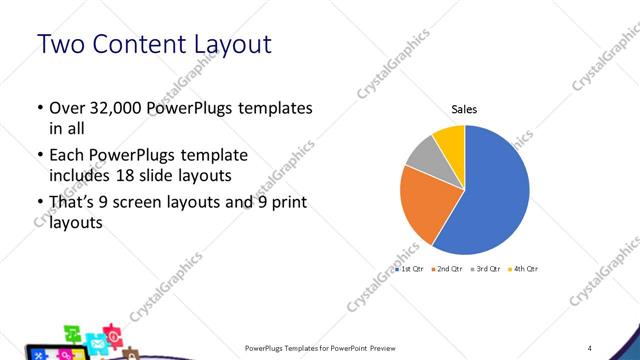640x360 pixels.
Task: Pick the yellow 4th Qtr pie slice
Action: (x=450, y=140)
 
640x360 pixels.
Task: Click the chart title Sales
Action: (x=465, y=109)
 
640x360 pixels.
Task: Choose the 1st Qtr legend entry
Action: (x=410, y=269)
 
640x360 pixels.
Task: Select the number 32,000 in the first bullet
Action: (x=118, y=108)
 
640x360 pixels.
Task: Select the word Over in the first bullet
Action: (x=65, y=108)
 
